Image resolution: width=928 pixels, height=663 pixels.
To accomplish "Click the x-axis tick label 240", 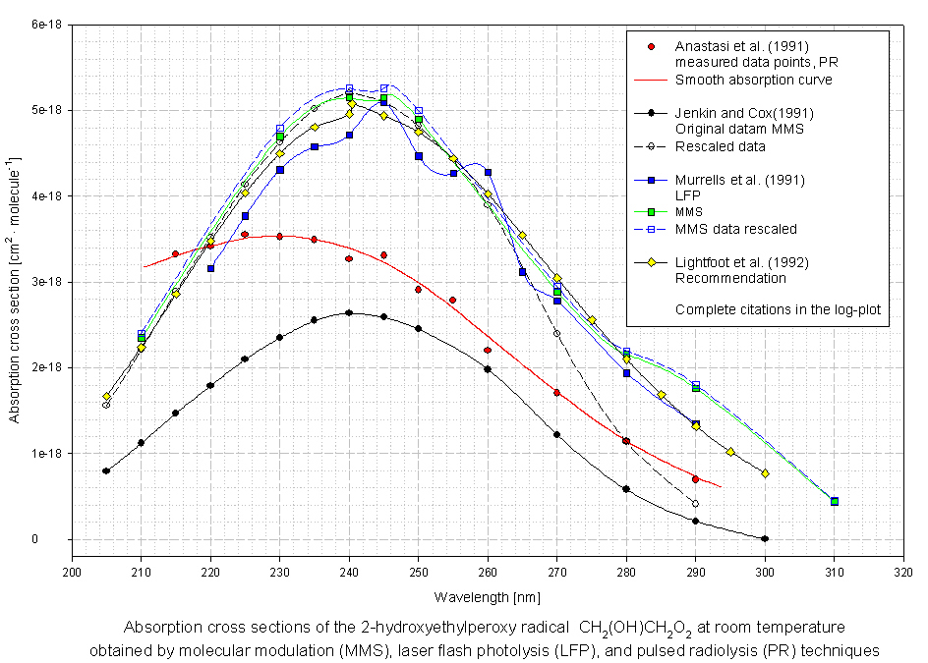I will pyautogui.click(x=349, y=570).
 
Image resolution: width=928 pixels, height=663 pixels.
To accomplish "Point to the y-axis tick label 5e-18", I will pyautogui.click(x=47, y=110).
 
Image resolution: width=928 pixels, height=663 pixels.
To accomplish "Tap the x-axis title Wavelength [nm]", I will pyautogui.click(x=488, y=596).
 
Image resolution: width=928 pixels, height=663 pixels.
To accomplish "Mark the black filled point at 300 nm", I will pyautogui.click(x=765, y=538).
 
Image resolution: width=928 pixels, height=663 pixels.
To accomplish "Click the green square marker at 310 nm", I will pyautogui.click(x=835, y=502).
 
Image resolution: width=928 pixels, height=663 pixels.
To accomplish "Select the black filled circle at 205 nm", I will pyautogui.click(x=106, y=470).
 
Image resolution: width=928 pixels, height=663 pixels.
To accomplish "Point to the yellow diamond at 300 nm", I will pyautogui.click(x=765, y=473).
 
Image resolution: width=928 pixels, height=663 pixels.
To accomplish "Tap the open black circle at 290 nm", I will pyautogui.click(x=695, y=504).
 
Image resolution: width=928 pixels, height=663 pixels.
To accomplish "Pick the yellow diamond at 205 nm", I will pyautogui.click(x=106, y=397).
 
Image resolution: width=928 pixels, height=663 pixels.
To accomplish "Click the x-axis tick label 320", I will pyautogui.click(x=902, y=570).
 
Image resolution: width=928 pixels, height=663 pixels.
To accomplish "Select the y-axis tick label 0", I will pyautogui.click(x=61, y=539).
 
